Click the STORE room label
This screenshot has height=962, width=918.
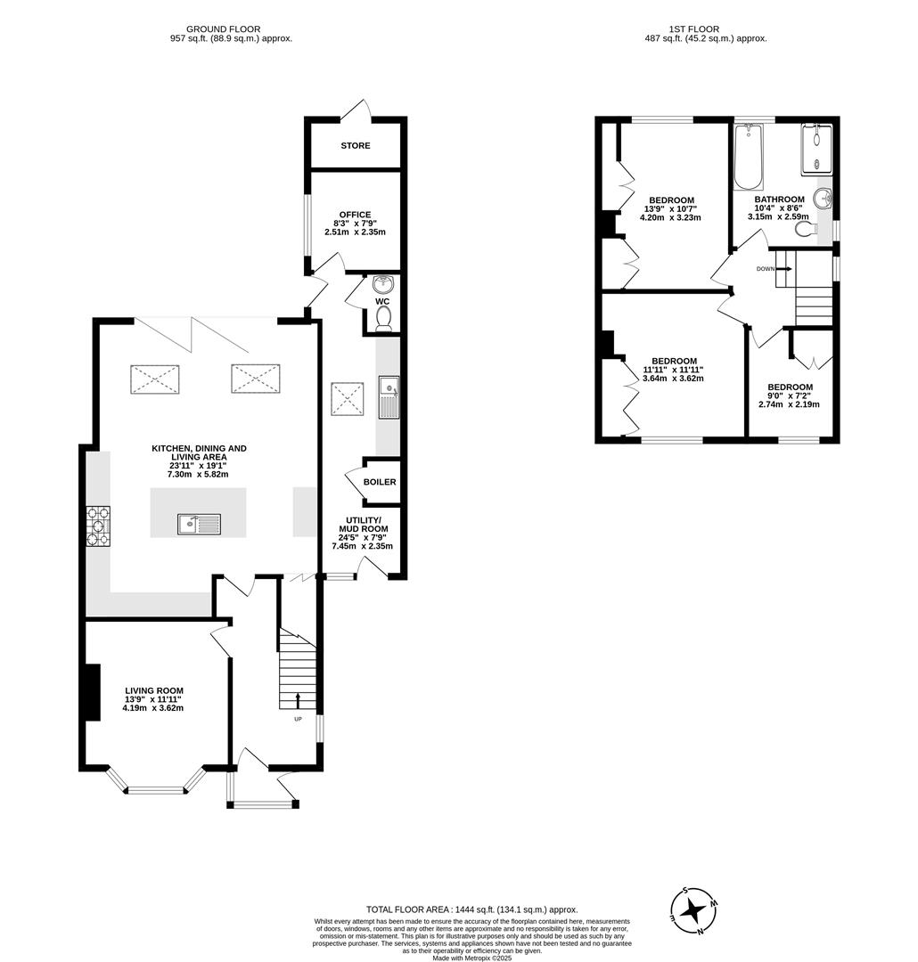355,145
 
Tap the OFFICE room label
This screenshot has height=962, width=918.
355,215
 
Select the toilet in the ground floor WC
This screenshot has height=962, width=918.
383,323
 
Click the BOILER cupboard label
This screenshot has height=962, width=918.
380,482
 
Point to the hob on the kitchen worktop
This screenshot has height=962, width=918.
97,526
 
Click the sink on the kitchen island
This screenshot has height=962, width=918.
201,525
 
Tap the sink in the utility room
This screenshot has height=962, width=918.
389,398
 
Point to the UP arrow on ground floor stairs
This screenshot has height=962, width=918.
298,699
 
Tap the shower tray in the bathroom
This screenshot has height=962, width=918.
816,146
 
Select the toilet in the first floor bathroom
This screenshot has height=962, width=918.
806,230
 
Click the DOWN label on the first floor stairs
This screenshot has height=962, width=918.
765,268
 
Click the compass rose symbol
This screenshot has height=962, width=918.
694,910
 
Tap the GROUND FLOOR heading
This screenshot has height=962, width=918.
231,29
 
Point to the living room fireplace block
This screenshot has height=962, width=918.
91,692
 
